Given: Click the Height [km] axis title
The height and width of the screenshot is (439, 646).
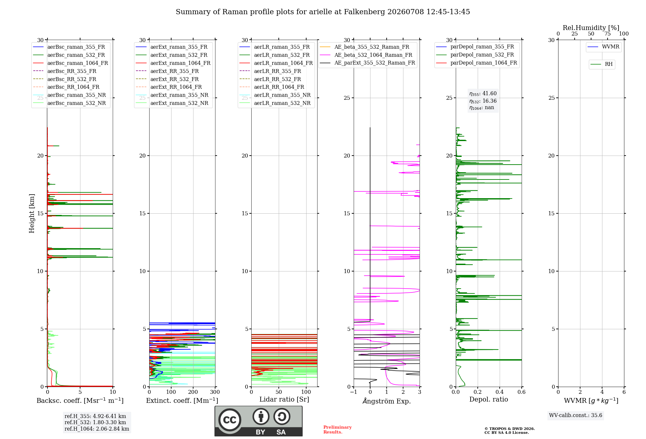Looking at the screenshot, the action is click(32, 213).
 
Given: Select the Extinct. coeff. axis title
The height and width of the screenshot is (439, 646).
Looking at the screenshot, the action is click(182, 401).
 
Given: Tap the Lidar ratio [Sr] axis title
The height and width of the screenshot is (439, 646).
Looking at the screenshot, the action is click(284, 399).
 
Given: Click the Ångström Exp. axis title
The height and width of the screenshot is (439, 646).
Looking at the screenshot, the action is click(387, 401).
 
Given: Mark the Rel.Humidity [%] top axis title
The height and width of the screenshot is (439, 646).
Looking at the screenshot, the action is click(591, 28).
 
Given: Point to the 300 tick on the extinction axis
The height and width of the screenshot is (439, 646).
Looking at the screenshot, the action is click(215, 392).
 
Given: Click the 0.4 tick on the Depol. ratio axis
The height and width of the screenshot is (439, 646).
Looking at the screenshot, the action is click(500, 392).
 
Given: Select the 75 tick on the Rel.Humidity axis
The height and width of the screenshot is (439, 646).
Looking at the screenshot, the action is click(608, 34).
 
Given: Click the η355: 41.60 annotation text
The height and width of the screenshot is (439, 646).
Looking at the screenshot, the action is click(483, 94).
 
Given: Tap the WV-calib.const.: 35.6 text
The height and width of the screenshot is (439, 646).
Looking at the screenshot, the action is click(576, 415).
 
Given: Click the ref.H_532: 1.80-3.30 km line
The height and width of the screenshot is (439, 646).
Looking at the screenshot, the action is click(95, 422).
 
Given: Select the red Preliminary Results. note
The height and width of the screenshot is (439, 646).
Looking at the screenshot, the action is click(338, 430).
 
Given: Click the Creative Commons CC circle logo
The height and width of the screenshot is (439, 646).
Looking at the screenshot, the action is click(230, 420).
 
